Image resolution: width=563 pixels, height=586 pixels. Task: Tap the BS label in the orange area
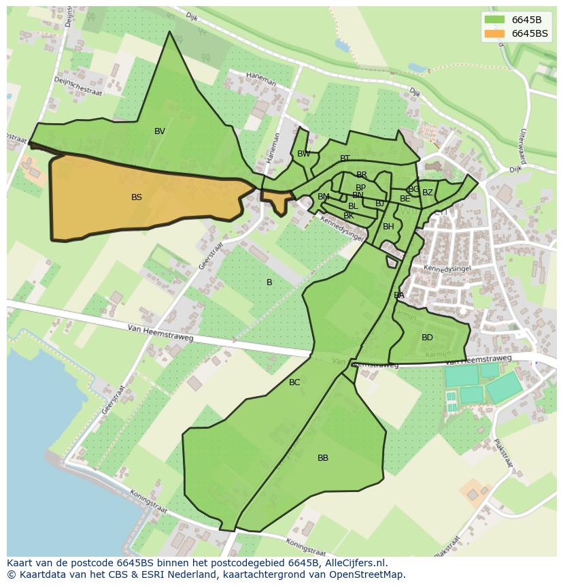click(x=137, y=197)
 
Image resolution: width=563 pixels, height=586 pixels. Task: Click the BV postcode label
click(x=160, y=131)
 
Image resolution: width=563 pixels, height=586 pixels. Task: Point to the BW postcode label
click(x=304, y=154)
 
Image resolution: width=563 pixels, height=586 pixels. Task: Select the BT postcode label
click(x=345, y=159)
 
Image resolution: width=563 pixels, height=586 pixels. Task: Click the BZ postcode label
click(x=428, y=193)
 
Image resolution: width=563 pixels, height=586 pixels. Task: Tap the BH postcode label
click(x=388, y=227)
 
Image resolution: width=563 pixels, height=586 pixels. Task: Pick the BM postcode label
click(x=324, y=197)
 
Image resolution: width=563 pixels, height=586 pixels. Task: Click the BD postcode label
click(x=427, y=338)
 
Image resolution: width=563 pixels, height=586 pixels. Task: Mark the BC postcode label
click(x=294, y=382)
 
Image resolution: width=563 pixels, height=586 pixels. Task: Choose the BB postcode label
click(x=323, y=458)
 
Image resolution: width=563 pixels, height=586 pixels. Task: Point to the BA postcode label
click(x=399, y=295)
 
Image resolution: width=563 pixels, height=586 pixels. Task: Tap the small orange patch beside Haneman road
click(x=277, y=200)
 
